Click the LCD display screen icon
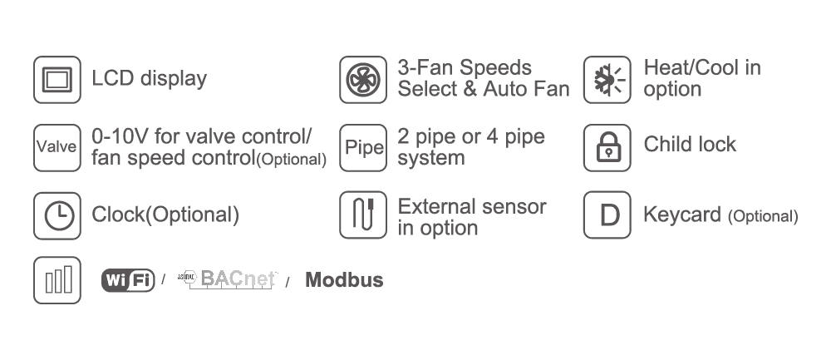[57, 80]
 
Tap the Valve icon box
[57, 147]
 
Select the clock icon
[57, 215]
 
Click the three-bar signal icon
[57, 280]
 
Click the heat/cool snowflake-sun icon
[607, 80]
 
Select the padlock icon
[607, 147]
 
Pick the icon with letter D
[607, 215]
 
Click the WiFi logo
[128, 280]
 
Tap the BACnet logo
[227, 280]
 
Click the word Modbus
[344, 280]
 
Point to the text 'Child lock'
[690, 144]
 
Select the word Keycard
[682, 215]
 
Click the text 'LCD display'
[150, 79]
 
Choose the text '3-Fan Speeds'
[465, 68]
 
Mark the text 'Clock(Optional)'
[165, 215]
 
